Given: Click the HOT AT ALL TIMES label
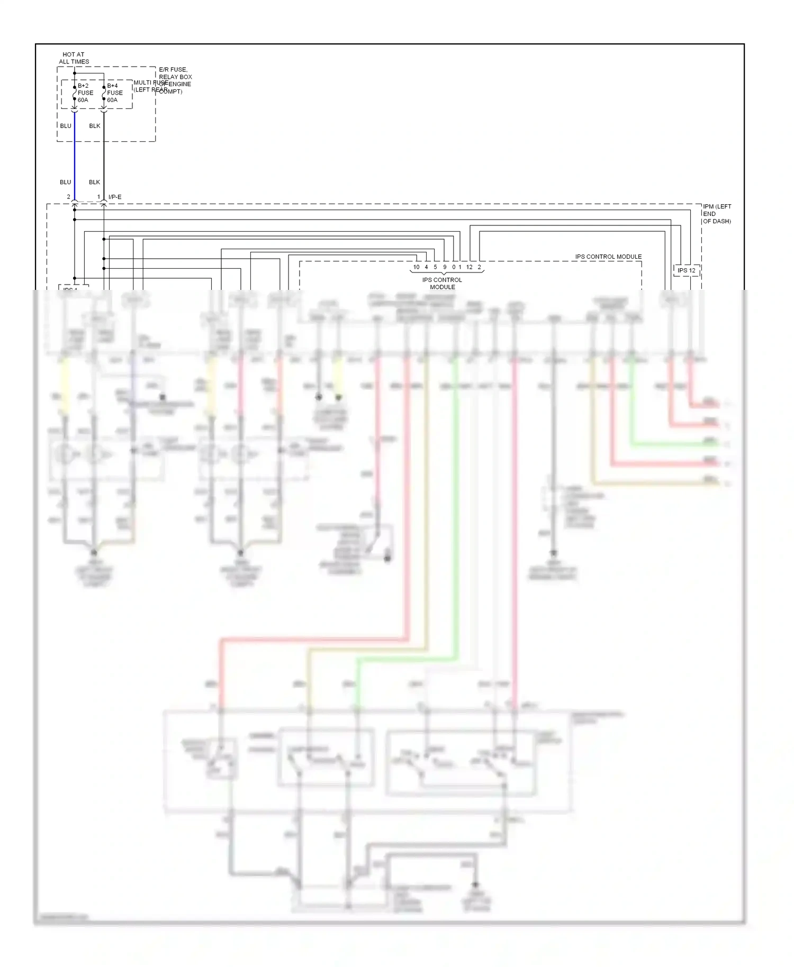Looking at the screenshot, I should coord(74,58).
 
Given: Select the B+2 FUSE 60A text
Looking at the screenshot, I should coord(85,93).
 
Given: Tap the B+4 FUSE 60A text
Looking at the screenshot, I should coord(114,93).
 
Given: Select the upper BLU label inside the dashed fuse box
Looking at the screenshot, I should coord(66,126).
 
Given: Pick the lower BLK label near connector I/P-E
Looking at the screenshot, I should coord(94,182).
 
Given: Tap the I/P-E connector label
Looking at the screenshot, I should coord(115,197).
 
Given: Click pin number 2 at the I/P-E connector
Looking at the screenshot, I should coord(68,197).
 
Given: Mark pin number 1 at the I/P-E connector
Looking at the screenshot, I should coord(98,197).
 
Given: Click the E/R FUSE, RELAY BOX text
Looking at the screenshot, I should coord(175,74).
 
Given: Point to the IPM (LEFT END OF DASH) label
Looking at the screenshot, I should coord(717,214).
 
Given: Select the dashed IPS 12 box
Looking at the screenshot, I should coord(687,270).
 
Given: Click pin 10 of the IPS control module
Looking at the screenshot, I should coord(417,267).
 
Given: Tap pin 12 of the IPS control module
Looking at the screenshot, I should coord(469,267).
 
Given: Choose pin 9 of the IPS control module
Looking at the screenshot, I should coord(445,267).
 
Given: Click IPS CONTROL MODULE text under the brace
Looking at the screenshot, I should coord(442,284).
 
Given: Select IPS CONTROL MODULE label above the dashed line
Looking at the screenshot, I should coord(608,257).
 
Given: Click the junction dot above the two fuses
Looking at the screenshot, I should coord(75,74).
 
